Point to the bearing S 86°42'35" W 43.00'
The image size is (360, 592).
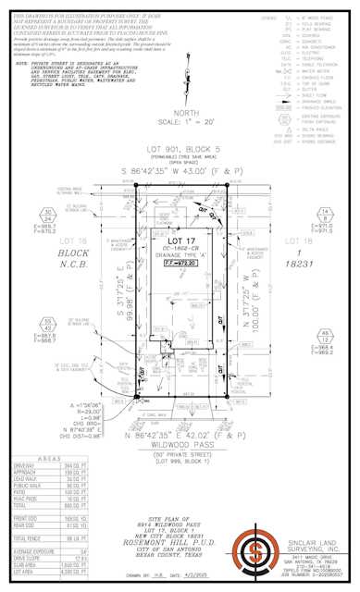(177, 173)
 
